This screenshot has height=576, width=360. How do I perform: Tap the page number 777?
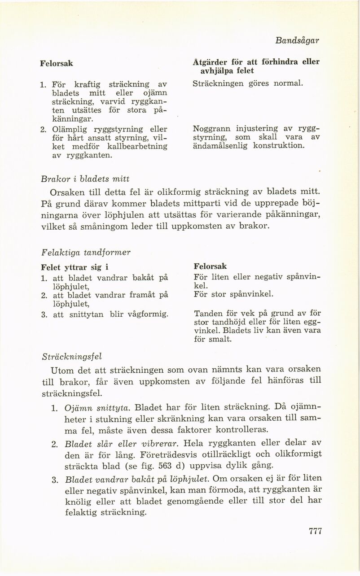coord(316,531)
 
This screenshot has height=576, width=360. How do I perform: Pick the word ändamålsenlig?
coord(216,146)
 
